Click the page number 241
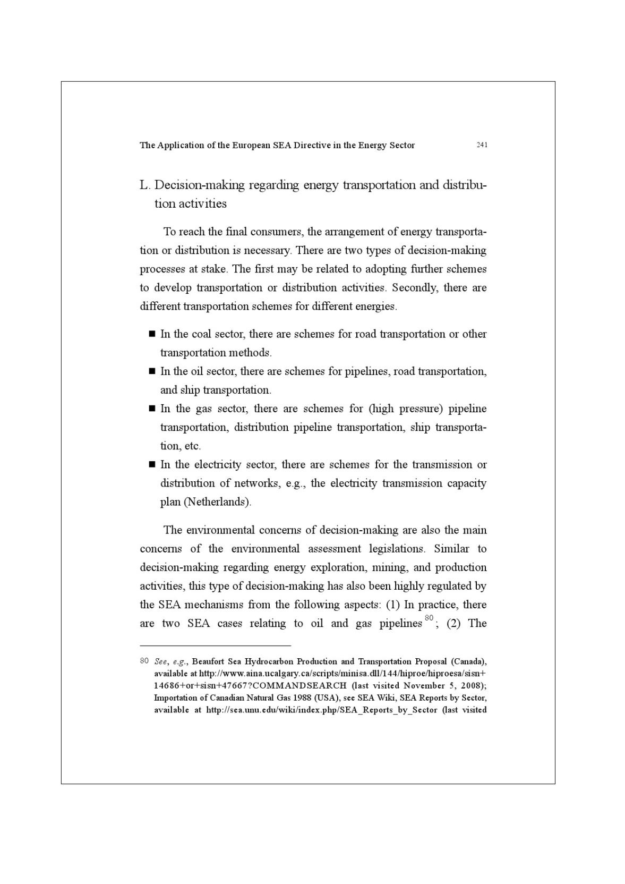(x=482, y=144)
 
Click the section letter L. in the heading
(x=145, y=185)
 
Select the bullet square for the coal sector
(x=151, y=334)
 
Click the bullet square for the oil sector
(x=151, y=371)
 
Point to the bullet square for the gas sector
(x=151, y=408)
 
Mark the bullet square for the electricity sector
(x=151, y=464)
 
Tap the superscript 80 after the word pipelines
(x=429, y=617)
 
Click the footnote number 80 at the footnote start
(x=144, y=661)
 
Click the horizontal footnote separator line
(x=216, y=645)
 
